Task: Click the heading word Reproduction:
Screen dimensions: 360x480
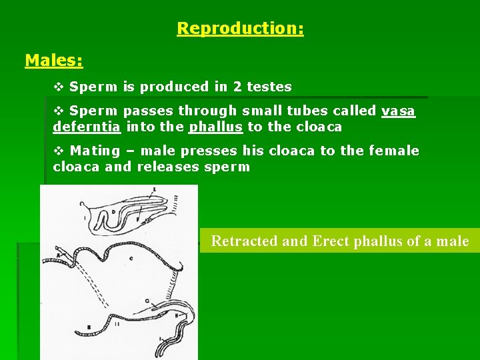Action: [240, 29]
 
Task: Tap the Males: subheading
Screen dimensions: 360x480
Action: [54, 61]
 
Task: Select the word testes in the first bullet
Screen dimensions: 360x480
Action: [269, 87]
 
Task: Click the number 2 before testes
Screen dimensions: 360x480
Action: [237, 87]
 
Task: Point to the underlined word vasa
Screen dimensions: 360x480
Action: [399, 111]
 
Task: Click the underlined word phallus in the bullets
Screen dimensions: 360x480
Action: [216, 127]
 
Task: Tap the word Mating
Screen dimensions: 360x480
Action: [94, 151]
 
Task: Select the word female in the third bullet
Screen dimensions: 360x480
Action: [393, 151]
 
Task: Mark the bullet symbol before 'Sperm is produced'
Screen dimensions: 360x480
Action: [58, 87]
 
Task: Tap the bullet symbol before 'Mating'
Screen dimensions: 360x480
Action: [58, 151]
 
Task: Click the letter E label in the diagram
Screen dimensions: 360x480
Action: [154, 189]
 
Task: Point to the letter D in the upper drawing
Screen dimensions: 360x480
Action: [113, 212]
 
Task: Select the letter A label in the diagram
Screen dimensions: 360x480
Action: [58, 255]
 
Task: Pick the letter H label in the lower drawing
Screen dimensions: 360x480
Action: [177, 317]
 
